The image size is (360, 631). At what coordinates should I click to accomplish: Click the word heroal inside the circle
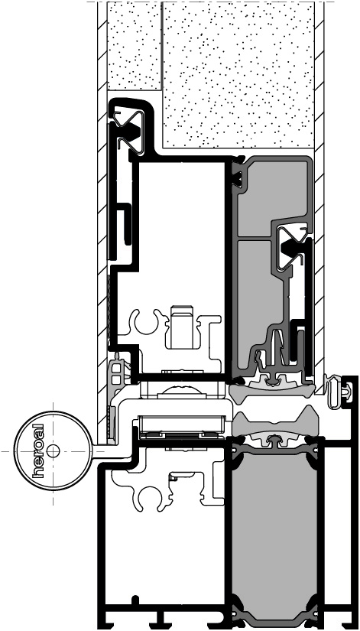click(38, 450)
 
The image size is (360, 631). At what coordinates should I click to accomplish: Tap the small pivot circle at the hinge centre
click(53, 451)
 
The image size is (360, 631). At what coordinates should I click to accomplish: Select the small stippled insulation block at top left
click(135, 46)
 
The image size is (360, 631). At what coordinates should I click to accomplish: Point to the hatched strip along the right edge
click(319, 194)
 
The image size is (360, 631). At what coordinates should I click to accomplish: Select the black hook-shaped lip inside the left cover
click(126, 224)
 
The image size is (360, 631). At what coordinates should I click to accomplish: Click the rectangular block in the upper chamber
click(181, 327)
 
